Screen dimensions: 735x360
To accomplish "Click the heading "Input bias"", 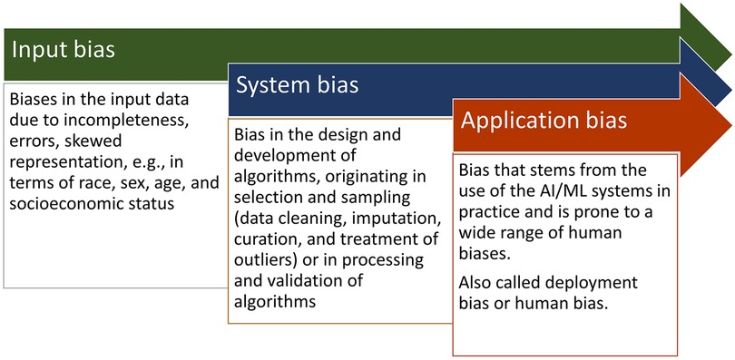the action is pyautogui.click(x=64, y=49).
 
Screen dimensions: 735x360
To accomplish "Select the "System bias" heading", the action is pyautogui.click(x=298, y=85).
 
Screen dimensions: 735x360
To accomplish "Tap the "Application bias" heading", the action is pyautogui.click(x=544, y=121).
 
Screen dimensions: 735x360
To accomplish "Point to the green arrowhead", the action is pyautogui.click(x=705, y=37).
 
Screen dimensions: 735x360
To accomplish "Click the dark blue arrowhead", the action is pyautogui.click(x=705, y=73).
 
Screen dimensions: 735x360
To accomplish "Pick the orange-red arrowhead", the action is pyautogui.click(x=705, y=125).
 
